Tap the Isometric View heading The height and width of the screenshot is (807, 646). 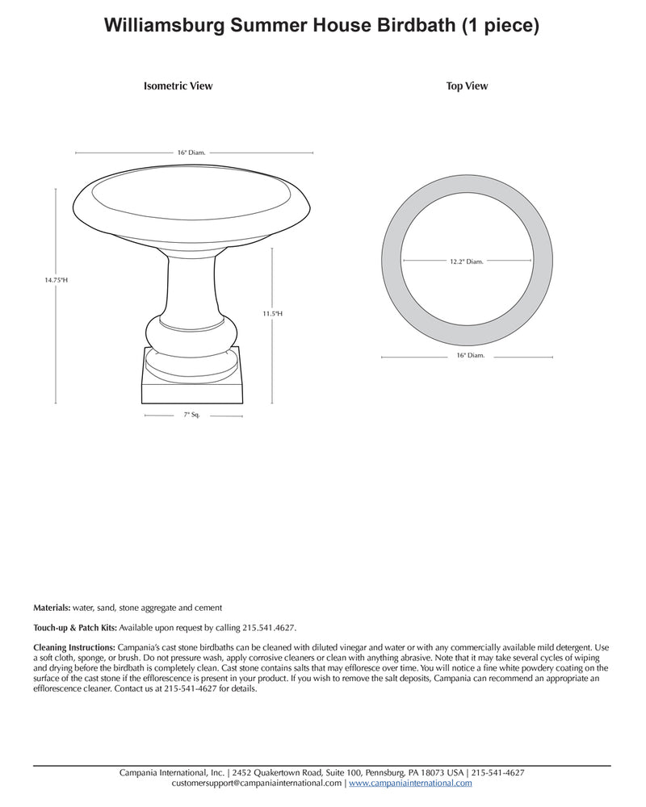pyautogui.click(x=178, y=86)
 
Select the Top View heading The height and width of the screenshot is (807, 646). pyautogui.click(x=467, y=86)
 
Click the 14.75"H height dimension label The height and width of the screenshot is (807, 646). pyautogui.click(x=56, y=280)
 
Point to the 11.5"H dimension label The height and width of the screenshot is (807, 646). pyautogui.click(x=272, y=313)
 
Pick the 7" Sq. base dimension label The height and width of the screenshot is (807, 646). pyautogui.click(x=191, y=415)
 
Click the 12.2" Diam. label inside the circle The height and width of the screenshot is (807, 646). pyautogui.click(x=467, y=261)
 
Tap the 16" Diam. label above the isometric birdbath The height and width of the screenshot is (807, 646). pyautogui.click(x=192, y=152)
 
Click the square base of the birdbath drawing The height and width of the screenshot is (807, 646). pyautogui.click(x=192, y=391)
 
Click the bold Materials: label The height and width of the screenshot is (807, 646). pyautogui.click(x=52, y=608)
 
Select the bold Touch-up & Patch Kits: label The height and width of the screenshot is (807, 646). pyautogui.click(x=75, y=627)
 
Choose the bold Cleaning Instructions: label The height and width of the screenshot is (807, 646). pyautogui.click(x=74, y=647)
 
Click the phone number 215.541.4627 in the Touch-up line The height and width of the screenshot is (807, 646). pyautogui.click(x=269, y=627)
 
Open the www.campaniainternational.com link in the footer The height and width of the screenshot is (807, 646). pyautogui.click(x=410, y=783)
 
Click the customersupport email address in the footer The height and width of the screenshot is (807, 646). pyautogui.click(x=257, y=783)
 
